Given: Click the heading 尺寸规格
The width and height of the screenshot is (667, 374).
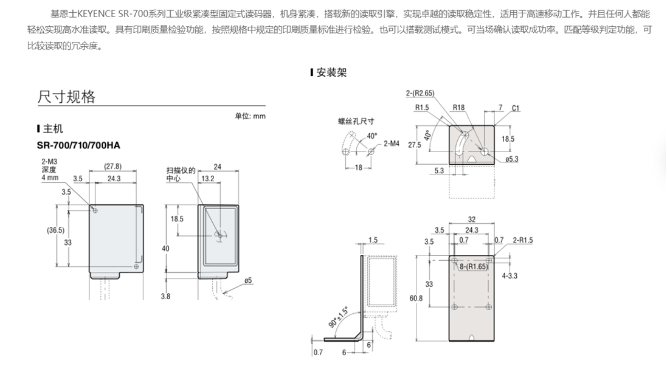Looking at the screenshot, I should pyautogui.click(x=66, y=97).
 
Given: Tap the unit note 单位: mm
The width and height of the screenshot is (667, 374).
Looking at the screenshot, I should pyautogui.click(x=251, y=116).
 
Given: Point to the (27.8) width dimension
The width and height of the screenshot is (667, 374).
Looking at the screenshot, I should pyautogui.click(x=113, y=167).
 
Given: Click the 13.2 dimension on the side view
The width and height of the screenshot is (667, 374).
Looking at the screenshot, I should pyautogui.click(x=207, y=179).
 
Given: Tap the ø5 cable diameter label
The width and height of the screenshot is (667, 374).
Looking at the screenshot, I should pyautogui.click(x=247, y=280).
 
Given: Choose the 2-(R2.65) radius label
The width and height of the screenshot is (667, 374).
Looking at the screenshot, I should pyautogui.click(x=420, y=93).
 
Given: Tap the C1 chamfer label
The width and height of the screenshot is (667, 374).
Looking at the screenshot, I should pyautogui.click(x=514, y=108).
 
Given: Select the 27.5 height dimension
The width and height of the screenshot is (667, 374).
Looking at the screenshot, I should pyautogui.click(x=415, y=145).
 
